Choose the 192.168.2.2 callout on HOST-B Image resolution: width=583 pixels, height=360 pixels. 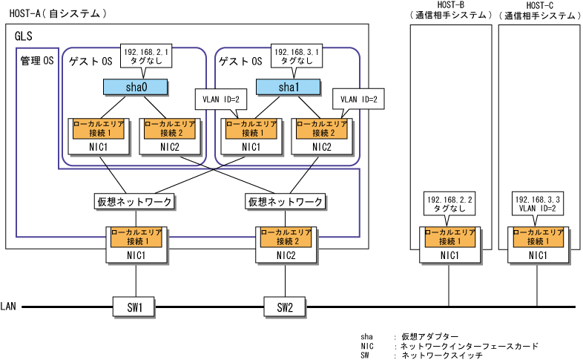coord(449,204)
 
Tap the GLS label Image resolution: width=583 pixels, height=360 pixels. coord(24,36)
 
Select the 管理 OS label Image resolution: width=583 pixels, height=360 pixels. coord(37,61)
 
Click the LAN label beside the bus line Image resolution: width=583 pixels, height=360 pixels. coord(8,306)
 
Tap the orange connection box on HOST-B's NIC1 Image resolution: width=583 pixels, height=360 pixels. coord(449,238)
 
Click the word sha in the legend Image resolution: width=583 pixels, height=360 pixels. coord(367,336)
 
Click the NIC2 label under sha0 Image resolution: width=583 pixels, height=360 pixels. coord(169,147)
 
